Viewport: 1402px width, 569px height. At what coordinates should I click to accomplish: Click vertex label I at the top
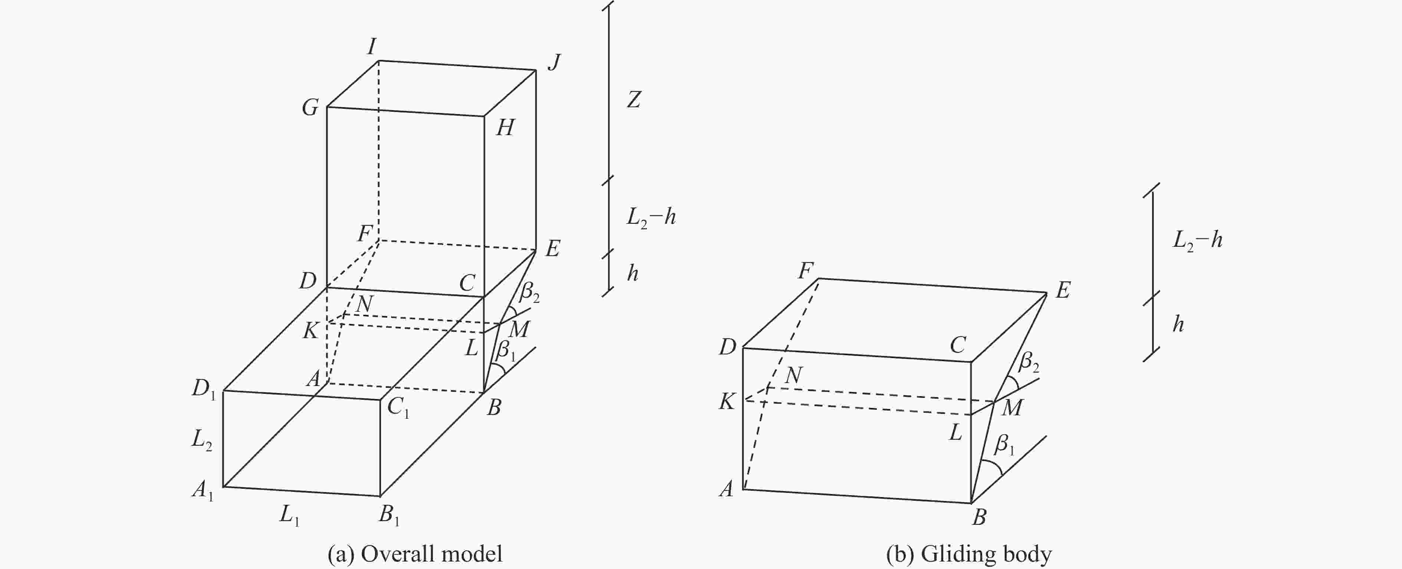pos(372,47)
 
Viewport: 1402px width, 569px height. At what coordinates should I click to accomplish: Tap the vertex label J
pos(554,63)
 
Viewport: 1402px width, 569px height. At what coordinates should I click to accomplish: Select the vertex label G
pos(310,108)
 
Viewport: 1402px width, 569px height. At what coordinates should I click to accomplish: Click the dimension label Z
pos(633,99)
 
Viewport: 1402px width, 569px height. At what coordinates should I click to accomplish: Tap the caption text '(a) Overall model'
pos(415,554)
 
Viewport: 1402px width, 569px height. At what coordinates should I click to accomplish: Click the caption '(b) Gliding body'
pos(969,554)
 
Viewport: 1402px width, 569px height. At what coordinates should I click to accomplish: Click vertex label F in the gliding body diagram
pos(806,271)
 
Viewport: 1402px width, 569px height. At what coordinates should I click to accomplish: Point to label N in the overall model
pos(364,304)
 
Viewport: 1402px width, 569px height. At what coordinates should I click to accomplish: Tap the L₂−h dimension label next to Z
pos(651,217)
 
